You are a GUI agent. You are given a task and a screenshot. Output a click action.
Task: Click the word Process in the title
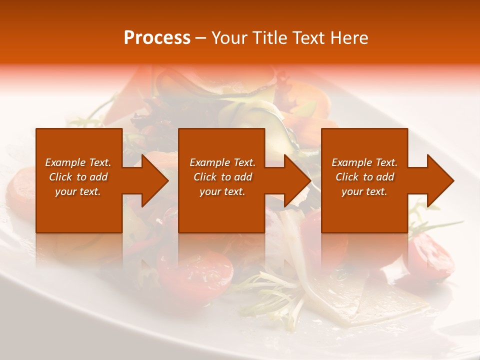(157, 38)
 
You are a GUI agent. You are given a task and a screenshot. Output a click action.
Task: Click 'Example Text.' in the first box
(78, 162)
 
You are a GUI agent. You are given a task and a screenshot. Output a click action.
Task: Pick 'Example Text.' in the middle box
(222, 162)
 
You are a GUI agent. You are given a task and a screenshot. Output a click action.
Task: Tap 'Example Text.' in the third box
(364, 162)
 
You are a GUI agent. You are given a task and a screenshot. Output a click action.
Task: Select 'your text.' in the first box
(78, 191)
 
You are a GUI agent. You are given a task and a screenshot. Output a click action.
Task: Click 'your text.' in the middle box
(222, 191)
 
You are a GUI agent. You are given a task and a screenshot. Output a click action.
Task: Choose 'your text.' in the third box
(364, 191)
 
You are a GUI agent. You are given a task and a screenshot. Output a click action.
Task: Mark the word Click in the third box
(347, 177)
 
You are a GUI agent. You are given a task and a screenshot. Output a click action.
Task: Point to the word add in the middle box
(243, 177)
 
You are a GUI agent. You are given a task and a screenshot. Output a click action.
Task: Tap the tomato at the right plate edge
(430, 255)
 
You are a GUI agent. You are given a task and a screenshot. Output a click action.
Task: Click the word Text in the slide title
(307, 38)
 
